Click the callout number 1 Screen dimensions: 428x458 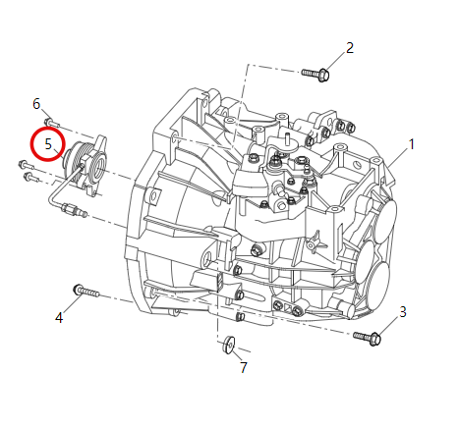coord(411,144)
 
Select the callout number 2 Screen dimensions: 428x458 coord(350,47)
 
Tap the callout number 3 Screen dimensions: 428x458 coord(402,312)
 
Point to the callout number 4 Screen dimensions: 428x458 coord(59,317)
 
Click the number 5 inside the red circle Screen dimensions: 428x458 coord(47,144)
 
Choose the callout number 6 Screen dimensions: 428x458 coord(36,103)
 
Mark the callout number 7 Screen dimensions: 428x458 coord(243,367)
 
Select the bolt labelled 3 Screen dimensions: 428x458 coord(371,338)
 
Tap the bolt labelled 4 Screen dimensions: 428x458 coord(86,292)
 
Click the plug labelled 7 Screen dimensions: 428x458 coord(228,344)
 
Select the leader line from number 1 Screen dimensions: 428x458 coord(397,154)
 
